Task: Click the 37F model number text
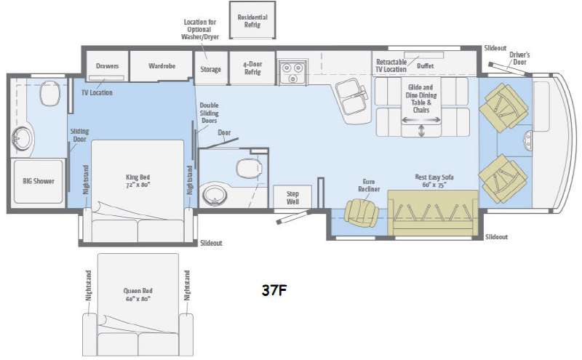(x=274, y=290)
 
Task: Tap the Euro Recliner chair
(x=361, y=212)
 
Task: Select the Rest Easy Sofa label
(x=434, y=181)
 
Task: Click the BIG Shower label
(x=39, y=181)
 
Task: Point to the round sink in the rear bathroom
(x=22, y=139)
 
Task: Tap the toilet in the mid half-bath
(x=249, y=168)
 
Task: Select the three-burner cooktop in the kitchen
(x=293, y=72)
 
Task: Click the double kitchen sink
(x=351, y=98)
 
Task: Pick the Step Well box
(x=292, y=196)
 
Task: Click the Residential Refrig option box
(x=252, y=20)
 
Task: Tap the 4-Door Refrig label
(x=252, y=68)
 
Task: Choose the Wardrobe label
(x=162, y=65)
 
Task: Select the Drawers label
(x=107, y=65)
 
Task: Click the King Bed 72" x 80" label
(x=137, y=181)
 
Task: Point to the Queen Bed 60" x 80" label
(x=137, y=295)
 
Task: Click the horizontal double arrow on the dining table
(x=421, y=120)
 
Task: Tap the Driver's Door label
(x=519, y=58)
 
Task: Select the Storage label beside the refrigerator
(x=210, y=69)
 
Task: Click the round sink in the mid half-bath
(x=214, y=196)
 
